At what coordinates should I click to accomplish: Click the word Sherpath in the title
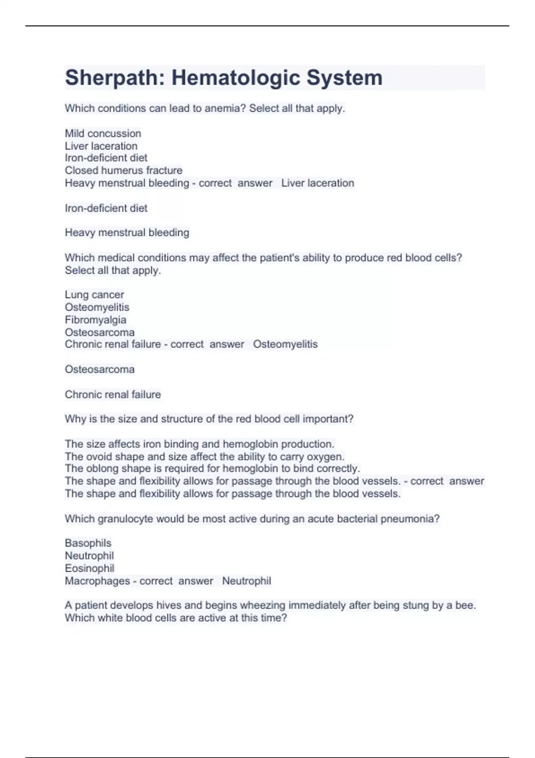[110, 78]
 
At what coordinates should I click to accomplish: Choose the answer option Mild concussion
[103, 133]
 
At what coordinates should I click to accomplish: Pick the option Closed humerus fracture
[123, 170]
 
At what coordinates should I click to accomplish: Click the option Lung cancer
[95, 295]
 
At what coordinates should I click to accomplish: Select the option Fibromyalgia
[95, 320]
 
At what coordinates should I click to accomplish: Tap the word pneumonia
[410, 519]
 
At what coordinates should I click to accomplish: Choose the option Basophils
[88, 543]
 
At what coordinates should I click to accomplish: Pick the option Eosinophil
[89, 568]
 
